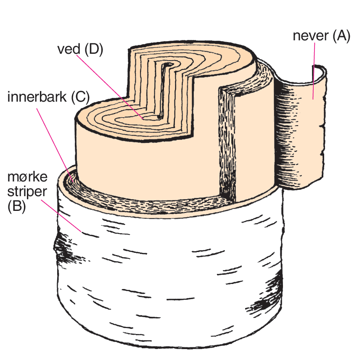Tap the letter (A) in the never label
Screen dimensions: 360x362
coord(341,36)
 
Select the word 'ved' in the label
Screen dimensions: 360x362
coord(68,49)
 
